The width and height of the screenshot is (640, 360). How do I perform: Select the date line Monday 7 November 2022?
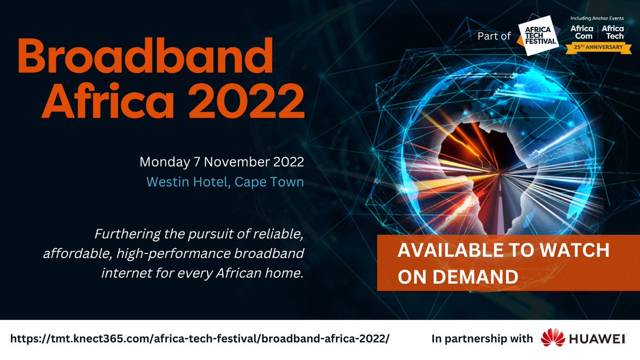(x=221, y=161)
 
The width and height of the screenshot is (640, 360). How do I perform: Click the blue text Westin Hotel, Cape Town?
(x=225, y=182)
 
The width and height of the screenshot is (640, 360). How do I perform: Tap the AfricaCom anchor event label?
(x=582, y=32)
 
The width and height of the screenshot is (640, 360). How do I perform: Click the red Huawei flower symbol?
(x=552, y=339)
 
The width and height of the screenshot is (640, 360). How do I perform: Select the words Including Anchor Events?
(x=597, y=18)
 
